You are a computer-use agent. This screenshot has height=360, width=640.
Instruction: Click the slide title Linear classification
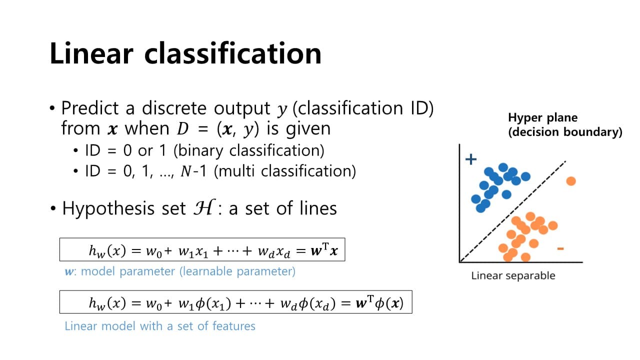coord(185,54)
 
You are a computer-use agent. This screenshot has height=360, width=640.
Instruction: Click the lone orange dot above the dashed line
coord(571,181)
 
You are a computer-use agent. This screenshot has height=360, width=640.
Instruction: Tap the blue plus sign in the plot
coord(471,159)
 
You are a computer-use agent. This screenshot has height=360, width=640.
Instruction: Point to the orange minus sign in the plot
coord(560,248)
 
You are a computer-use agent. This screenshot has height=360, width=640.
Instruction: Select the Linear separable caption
coord(513,276)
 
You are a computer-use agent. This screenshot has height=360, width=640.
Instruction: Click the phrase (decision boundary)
coord(565,132)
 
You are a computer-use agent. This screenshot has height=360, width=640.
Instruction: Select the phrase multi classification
coord(283,171)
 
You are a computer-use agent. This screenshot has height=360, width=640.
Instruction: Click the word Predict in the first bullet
coord(90,108)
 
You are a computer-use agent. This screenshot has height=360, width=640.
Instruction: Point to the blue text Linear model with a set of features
coord(160,326)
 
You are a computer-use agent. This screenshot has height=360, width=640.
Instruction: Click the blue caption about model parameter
coord(180,271)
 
